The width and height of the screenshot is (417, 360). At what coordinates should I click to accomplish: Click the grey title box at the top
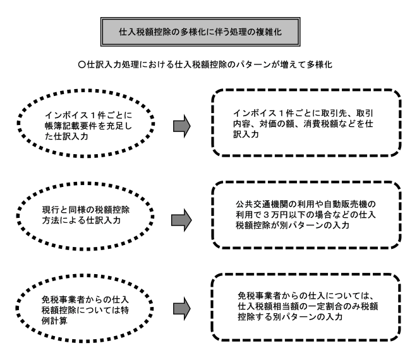click(200, 32)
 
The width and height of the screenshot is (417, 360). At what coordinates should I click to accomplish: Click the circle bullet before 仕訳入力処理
click(82, 64)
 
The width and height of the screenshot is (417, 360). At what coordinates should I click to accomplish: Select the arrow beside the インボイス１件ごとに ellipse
click(182, 126)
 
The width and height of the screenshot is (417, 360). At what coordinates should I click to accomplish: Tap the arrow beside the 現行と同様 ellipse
click(181, 220)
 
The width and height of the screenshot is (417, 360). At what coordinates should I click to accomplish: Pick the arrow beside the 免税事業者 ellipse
click(182, 309)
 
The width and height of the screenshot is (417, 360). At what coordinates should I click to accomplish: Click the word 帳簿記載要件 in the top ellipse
click(71, 126)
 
